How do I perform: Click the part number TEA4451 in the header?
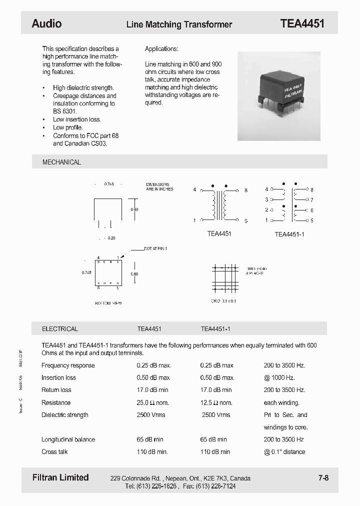(302, 23)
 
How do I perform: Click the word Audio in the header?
(46, 23)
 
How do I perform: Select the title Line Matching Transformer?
(179, 24)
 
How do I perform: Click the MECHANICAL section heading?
(61, 162)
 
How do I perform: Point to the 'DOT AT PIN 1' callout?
(155, 248)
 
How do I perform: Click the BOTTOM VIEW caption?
(108, 303)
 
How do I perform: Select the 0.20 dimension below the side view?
(111, 238)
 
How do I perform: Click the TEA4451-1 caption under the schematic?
(289, 234)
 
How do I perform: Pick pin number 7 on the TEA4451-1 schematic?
(311, 200)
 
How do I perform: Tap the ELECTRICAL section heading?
(59, 329)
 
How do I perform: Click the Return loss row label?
(56, 390)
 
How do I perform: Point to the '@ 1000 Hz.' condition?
(279, 377)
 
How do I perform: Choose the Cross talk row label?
(54, 451)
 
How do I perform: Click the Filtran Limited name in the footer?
(60, 477)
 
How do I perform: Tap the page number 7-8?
(323, 478)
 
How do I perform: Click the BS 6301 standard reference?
(65, 111)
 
